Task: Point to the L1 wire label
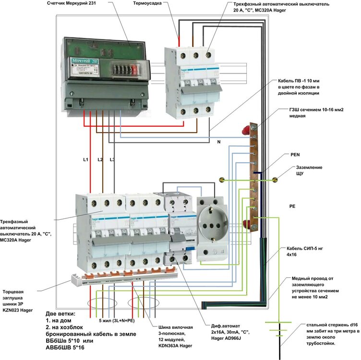[x=85, y=159]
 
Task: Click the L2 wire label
[x=100, y=159]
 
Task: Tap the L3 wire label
[x=112, y=159]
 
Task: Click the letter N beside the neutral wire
[x=218, y=142]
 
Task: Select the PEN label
[x=296, y=156]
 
